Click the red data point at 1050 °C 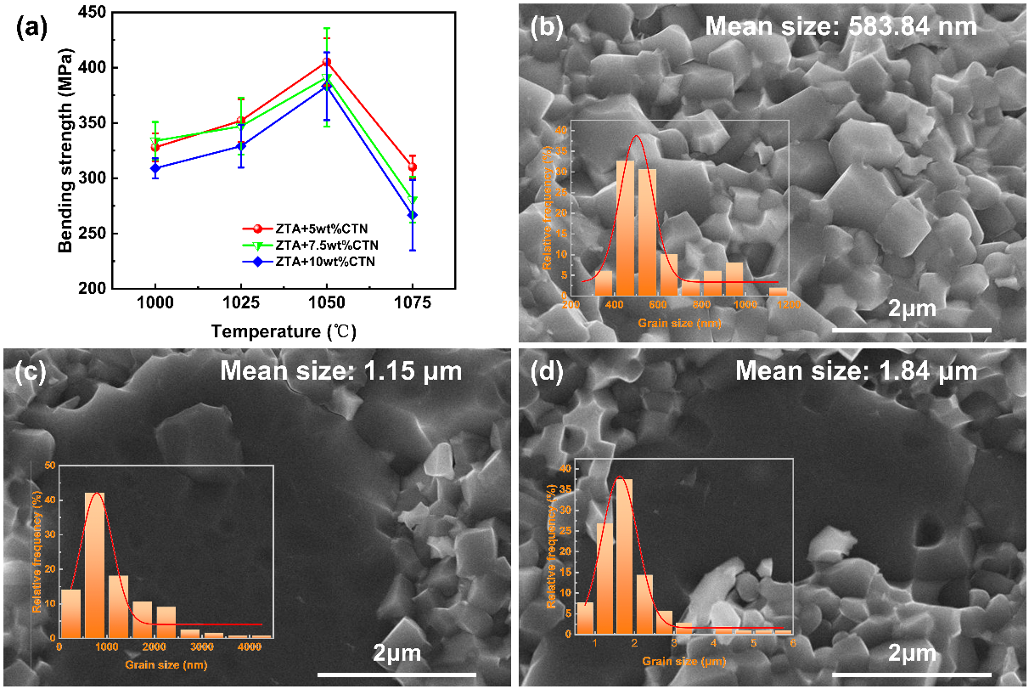326,62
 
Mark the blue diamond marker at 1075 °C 413,216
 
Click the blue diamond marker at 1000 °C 155,168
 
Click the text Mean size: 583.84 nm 841,26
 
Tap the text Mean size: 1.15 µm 340,371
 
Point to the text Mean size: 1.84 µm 856,371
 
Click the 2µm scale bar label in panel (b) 911,308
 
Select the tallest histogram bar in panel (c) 94,564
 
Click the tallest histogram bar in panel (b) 626,227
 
